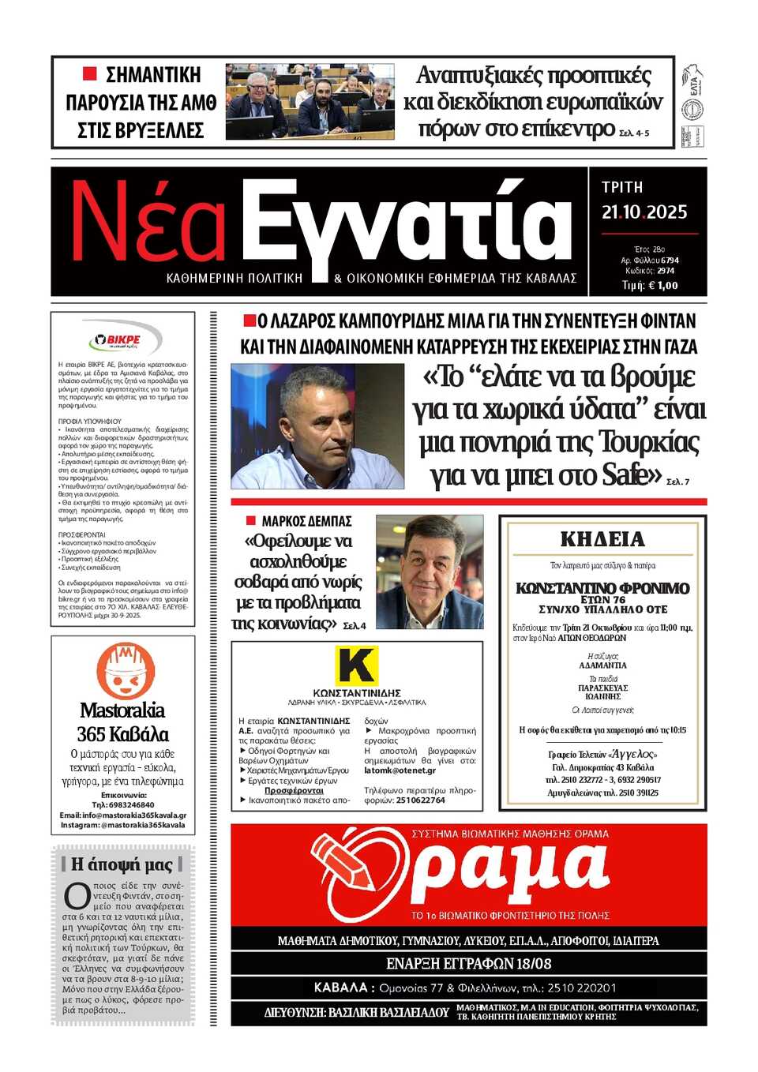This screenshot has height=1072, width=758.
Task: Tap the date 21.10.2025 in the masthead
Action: coord(644,212)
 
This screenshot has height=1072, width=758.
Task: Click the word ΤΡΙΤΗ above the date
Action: coord(622,187)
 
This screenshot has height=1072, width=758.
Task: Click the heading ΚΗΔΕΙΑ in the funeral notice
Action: coord(602,540)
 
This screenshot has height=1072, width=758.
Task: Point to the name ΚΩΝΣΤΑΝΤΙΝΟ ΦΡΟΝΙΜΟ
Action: coord(602,588)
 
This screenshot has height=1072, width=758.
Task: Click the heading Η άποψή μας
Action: coord(122,864)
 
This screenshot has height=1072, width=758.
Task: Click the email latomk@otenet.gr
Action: coord(400,770)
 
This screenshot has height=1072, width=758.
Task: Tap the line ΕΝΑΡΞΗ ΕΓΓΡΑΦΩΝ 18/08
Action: coord(468,964)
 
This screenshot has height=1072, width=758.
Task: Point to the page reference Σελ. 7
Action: coord(677,482)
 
